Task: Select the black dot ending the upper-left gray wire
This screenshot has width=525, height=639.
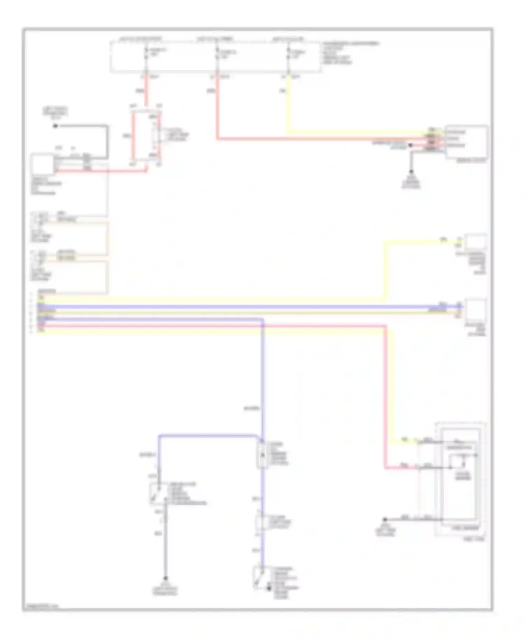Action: tap(55, 126)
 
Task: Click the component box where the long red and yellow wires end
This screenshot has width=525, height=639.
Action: tap(466, 142)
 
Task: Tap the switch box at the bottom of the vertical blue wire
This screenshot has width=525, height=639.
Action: tap(260, 578)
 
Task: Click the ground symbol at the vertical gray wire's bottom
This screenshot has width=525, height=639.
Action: tap(166, 579)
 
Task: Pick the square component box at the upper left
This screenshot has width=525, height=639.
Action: tap(42, 164)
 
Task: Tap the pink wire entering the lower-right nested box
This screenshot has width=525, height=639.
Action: tap(402, 467)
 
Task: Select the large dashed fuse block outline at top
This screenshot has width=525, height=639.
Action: tap(216, 57)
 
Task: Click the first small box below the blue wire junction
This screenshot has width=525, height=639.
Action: tap(262, 454)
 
